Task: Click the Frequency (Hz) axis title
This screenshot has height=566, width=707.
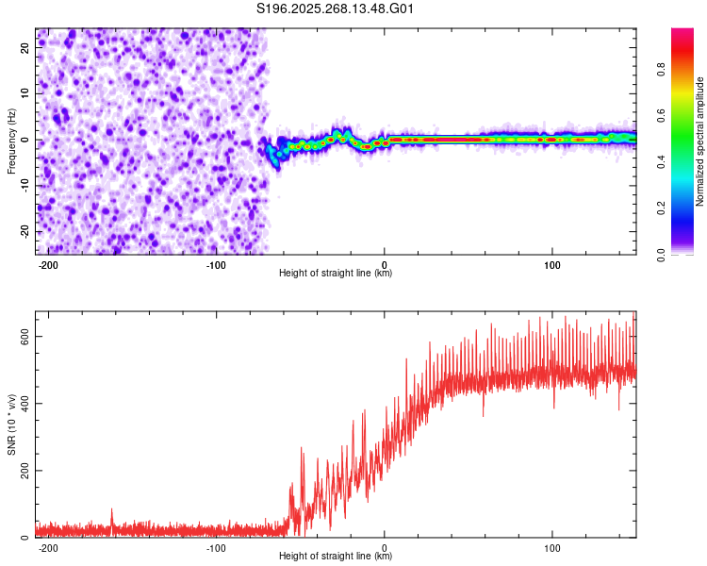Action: pos(11,141)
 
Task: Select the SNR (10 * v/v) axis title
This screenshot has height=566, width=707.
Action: pos(11,424)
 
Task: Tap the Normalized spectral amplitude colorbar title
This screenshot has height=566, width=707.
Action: pos(700,141)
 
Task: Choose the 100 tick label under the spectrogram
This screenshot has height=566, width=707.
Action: pos(551,263)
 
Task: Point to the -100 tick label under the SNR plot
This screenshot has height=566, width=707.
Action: pos(216,546)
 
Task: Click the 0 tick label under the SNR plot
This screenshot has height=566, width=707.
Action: pos(385,546)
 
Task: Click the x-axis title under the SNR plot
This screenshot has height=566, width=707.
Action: pos(336,557)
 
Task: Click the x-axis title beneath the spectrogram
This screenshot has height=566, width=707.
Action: pos(336,274)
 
